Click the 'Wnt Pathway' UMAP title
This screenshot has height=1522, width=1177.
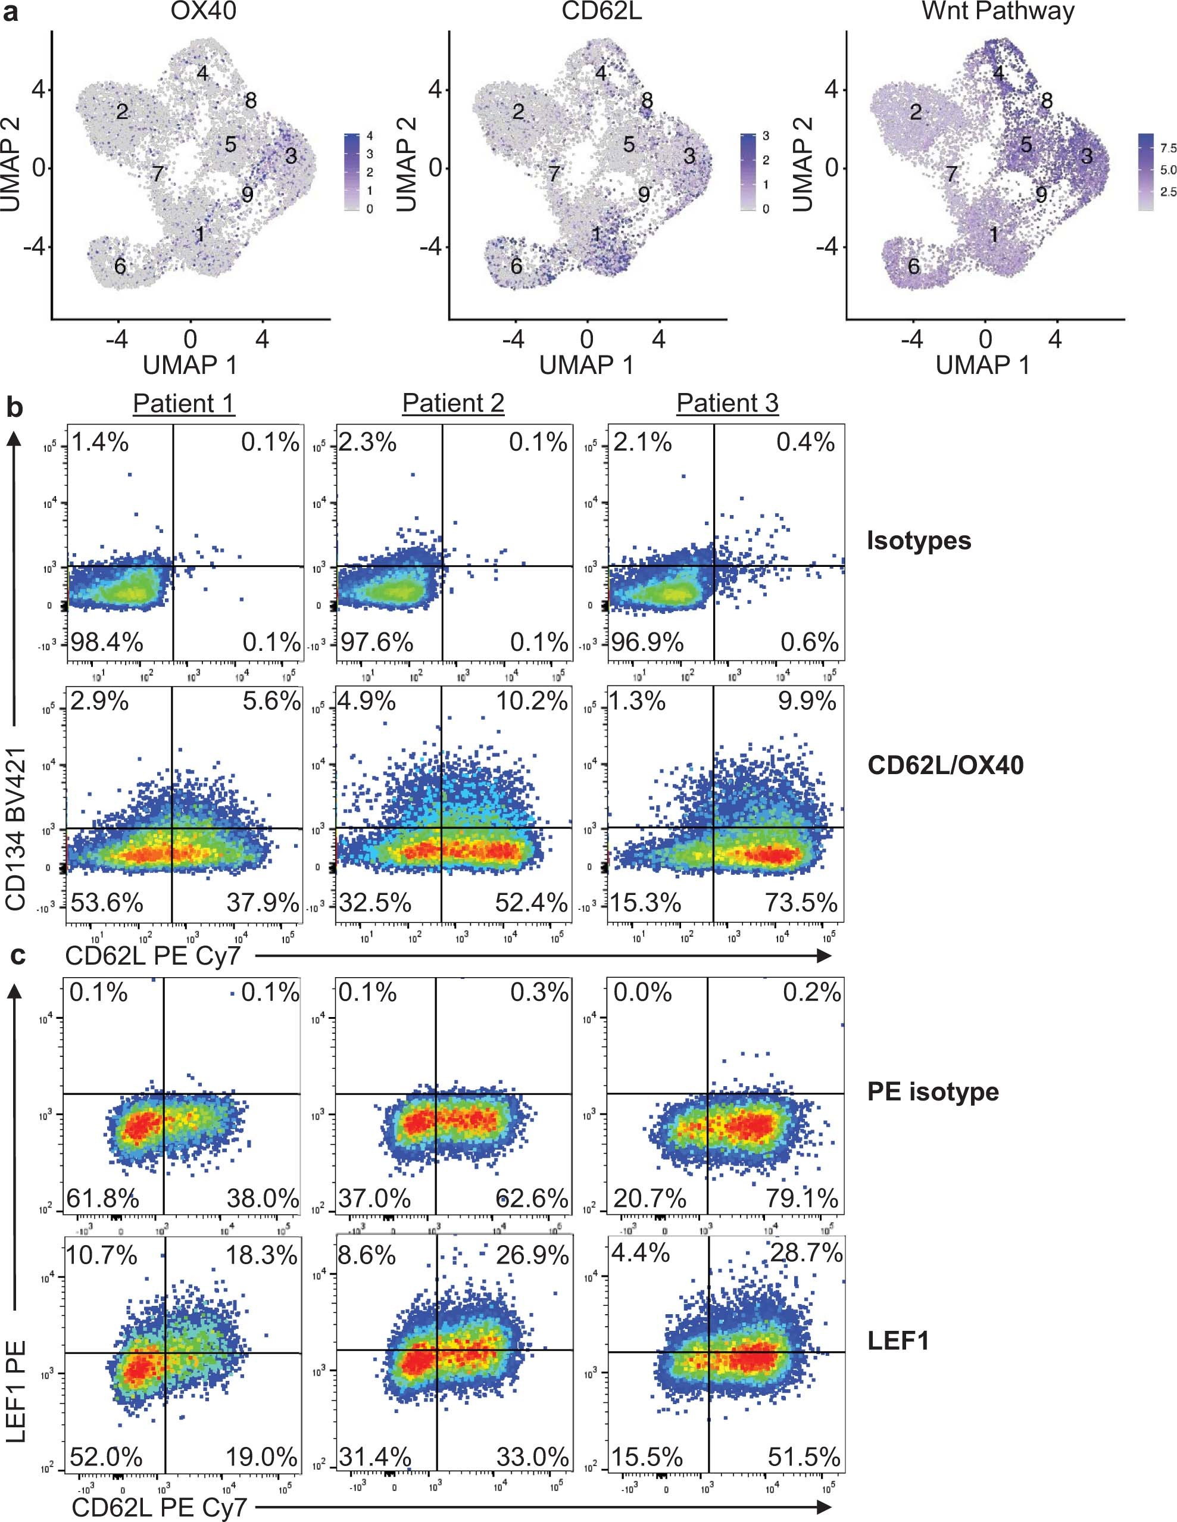[997, 12]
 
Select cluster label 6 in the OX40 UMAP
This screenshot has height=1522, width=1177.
[120, 266]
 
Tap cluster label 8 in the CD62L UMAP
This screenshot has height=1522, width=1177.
[647, 101]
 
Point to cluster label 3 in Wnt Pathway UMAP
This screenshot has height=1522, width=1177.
[1086, 155]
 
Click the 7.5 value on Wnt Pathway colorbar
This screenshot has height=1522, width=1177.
[1168, 148]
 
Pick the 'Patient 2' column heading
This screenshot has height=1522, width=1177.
[453, 404]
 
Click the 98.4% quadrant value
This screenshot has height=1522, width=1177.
[107, 642]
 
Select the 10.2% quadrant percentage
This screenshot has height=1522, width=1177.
[532, 701]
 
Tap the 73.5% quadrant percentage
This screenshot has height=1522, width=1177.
[801, 903]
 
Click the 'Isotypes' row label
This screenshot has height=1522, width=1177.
[919, 540]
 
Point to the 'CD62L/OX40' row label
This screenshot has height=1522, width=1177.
[945, 765]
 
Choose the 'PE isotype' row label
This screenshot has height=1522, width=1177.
[932, 1091]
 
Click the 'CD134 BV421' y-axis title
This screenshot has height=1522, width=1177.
[15, 829]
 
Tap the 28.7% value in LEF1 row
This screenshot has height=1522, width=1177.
[806, 1253]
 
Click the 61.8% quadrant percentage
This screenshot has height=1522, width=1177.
[102, 1198]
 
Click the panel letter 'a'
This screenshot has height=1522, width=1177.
[12, 13]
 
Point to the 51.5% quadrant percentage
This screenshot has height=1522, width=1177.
[804, 1456]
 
